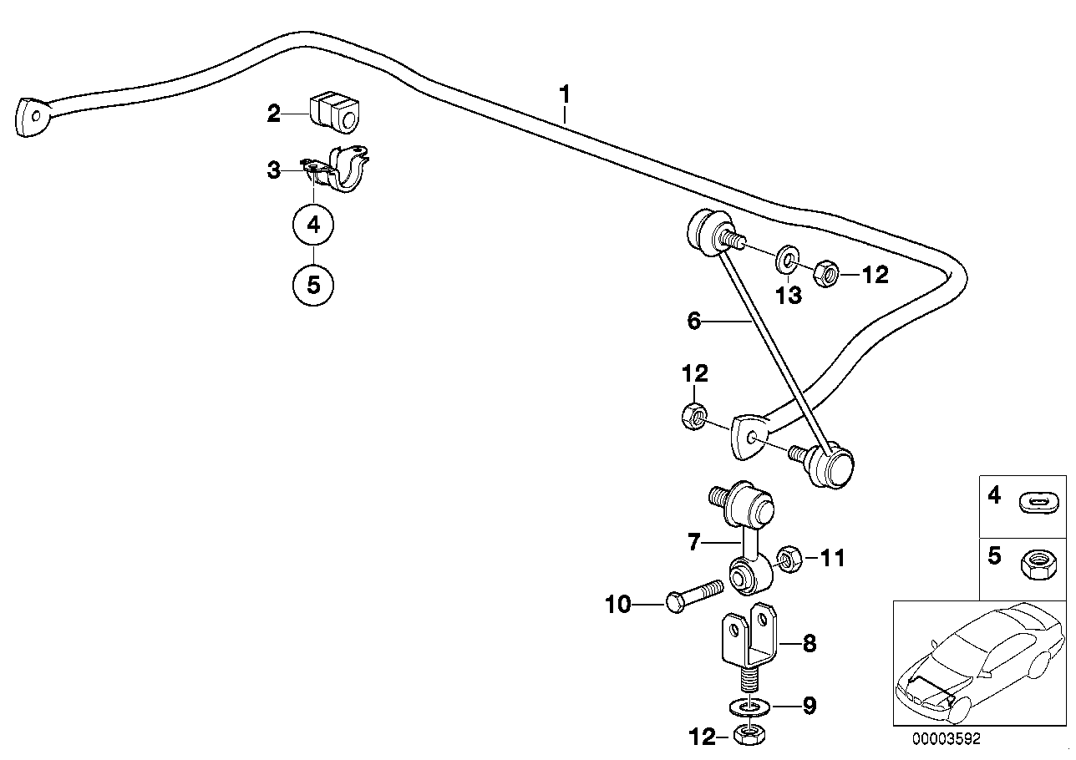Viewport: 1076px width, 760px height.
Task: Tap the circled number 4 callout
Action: pos(313,224)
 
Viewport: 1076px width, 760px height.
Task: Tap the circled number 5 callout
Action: pos(313,285)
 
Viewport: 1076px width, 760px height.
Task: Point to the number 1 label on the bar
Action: pos(566,94)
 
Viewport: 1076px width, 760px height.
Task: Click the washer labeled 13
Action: pos(786,260)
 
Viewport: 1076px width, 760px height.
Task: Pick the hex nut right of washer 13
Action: pos(823,273)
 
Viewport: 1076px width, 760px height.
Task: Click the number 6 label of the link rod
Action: pos(693,321)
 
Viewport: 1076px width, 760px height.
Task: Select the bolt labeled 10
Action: pos(693,599)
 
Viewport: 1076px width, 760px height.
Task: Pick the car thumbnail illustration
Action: pos(978,662)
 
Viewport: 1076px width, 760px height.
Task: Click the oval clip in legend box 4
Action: pos(1038,501)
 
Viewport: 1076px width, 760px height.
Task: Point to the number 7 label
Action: pos(693,544)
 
